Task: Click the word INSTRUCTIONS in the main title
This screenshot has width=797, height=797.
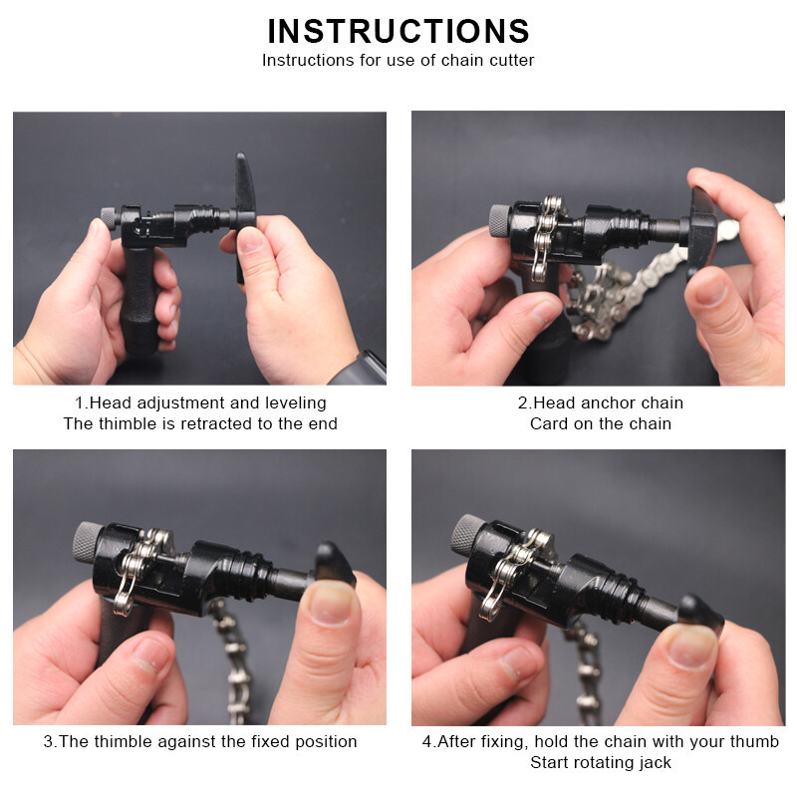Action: pyautogui.click(x=398, y=31)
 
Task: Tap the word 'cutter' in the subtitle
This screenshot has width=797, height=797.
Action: pyautogui.click(x=512, y=61)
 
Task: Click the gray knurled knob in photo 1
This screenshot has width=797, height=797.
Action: pyautogui.click(x=109, y=218)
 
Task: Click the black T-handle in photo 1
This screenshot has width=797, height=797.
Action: pyautogui.click(x=244, y=213)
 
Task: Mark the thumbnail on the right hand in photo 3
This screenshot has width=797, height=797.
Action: pyautogui.click(x=331, y=604)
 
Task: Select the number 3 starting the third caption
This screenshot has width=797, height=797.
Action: pyautogui.click(x=47, y=741)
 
